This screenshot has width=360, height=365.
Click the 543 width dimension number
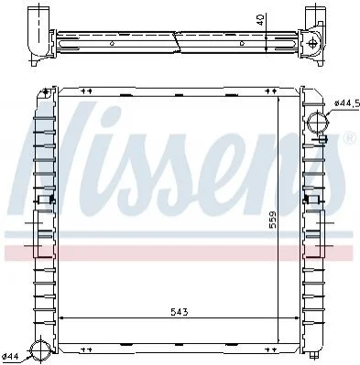180,312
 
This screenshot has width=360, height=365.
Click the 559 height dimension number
272,220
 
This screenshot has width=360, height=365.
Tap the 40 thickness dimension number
260,20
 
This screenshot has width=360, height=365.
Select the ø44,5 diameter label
347,103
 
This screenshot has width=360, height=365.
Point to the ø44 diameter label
10,356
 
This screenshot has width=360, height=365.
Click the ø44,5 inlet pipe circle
318,122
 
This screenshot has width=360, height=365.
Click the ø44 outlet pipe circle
41,350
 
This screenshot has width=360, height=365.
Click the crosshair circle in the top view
311,43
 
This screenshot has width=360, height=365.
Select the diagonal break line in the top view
177,41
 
